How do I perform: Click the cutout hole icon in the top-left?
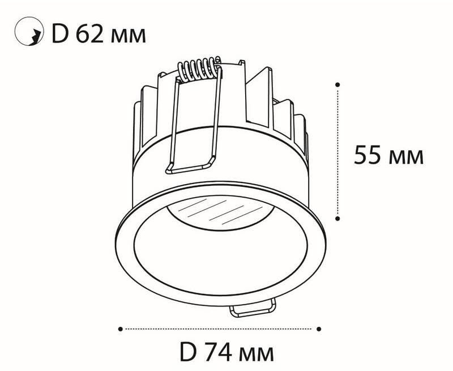point(29,31)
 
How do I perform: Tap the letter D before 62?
point(60,35)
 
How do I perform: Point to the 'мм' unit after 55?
point(406,158)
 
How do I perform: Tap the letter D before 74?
point(188,352)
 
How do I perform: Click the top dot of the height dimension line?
point(337,84)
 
